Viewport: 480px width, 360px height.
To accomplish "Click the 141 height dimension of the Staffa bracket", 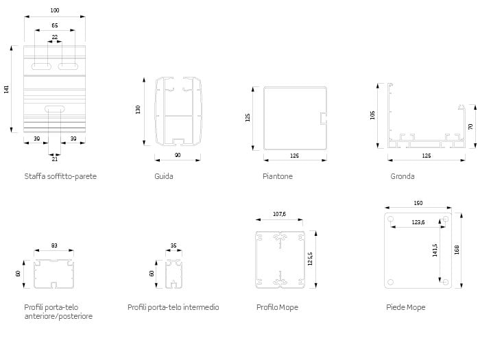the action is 6,89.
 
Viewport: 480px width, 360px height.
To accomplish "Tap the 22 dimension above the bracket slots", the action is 55,37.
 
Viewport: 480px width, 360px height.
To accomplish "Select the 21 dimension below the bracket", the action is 54,159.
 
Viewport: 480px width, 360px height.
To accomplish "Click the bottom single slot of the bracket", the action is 55,109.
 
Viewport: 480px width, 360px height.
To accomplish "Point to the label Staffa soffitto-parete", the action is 60,176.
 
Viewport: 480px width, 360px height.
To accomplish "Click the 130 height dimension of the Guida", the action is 138,110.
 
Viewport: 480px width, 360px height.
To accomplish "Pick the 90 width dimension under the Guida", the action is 178,155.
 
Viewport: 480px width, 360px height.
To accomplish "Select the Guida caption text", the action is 164,176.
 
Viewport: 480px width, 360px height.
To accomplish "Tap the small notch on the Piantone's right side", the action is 323,119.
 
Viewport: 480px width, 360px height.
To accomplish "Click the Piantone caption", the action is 278,176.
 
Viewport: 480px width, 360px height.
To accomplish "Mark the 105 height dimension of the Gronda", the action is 372,115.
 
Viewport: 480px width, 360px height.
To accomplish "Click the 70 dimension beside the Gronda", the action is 470,126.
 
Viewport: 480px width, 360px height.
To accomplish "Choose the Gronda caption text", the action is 403,176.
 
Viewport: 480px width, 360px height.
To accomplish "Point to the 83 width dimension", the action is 54,245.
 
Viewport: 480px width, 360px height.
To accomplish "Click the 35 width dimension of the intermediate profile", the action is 173,245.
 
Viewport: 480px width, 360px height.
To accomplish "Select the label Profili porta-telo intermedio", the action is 173,307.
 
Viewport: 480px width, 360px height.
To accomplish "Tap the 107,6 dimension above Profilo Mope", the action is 280,214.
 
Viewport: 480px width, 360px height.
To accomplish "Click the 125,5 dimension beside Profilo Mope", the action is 310,259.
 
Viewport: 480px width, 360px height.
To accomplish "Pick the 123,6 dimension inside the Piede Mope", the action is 418,222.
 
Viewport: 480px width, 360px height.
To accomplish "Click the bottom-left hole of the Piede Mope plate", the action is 391,282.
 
